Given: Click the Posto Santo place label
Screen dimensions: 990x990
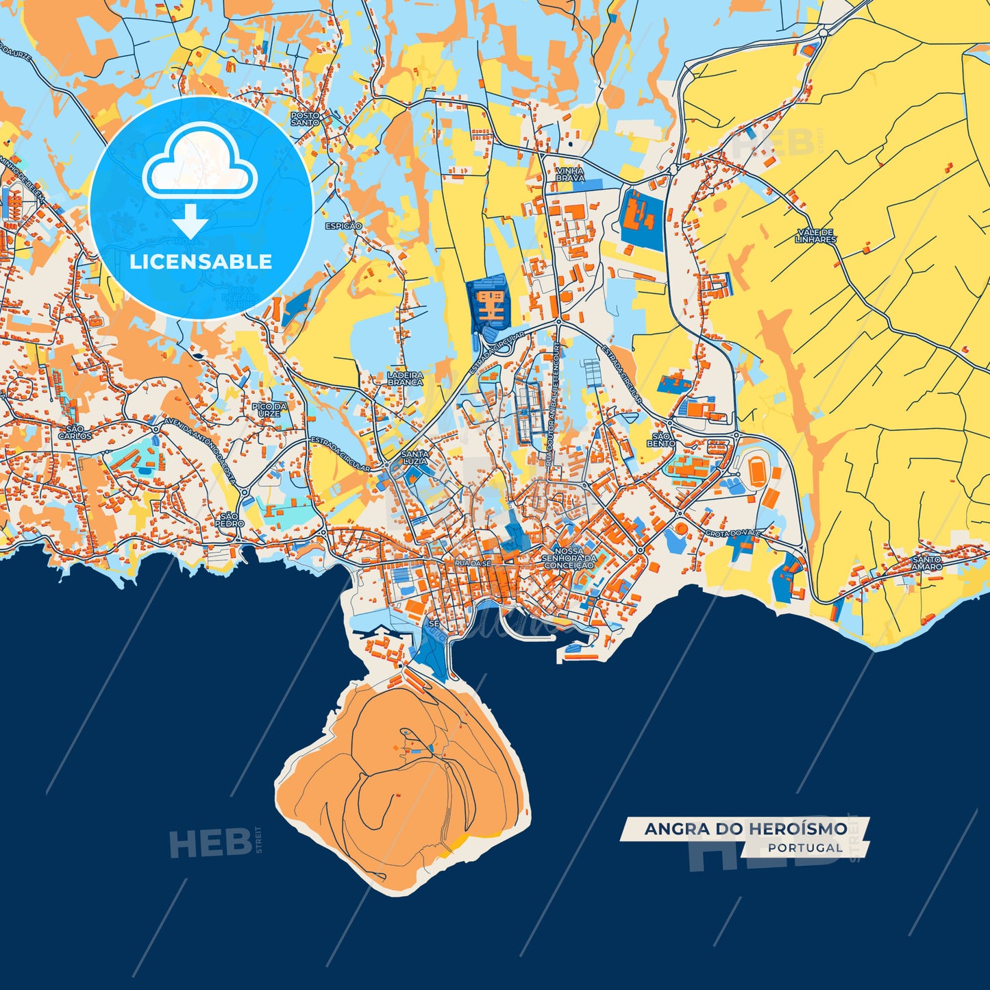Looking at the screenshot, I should click(x=305, y=119).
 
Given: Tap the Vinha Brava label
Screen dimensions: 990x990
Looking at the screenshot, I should click(x=570, y=174).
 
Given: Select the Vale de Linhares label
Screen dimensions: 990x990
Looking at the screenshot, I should click(x=816, y=236).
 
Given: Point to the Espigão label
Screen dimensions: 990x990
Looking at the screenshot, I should click(x=343, y=226).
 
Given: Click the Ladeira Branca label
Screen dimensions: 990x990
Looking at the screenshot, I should click(x=405, y=379).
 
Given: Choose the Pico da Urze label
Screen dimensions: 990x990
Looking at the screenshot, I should click(x=269, y=410).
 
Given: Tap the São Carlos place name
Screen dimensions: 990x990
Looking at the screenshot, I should click(x=75, y=432).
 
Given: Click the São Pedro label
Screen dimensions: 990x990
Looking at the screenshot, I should click(x=230, y=519).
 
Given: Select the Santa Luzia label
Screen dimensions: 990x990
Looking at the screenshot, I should click(x=415, y=458).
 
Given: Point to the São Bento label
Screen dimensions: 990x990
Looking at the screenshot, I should click(x=663, y=439).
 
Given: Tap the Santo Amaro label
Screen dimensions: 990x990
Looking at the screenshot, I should click(x=926, y=563).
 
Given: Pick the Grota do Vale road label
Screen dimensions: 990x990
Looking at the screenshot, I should click(x=732, y=533).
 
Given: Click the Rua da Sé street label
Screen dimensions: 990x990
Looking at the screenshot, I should click(x=472, y=562).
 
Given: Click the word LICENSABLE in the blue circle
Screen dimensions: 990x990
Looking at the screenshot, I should click(x=201, y=262).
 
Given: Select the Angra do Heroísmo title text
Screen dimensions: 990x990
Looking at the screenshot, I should click(x=745, y=829).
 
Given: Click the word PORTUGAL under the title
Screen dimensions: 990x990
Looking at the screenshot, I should click(x=805, y=848).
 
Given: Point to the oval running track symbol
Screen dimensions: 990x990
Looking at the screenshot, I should click(x=756, y=471).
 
